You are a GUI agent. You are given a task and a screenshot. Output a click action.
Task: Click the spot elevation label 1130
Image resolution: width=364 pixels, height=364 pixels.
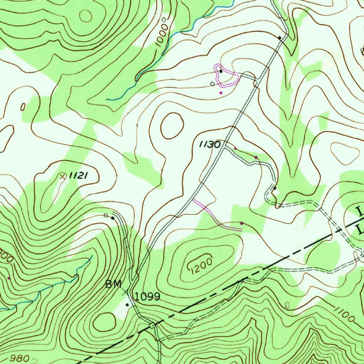(x=210, y=144)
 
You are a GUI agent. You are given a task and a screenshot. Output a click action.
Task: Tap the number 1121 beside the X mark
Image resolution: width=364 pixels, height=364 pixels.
(x=78, y=175)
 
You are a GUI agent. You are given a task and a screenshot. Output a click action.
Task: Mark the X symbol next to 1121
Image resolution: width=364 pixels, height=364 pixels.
(x=63, y=176)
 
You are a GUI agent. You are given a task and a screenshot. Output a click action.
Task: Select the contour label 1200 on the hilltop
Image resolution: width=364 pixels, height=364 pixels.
(x=199, y=264)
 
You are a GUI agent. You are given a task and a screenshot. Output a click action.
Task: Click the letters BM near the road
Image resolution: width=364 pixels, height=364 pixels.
(x=113, y=284)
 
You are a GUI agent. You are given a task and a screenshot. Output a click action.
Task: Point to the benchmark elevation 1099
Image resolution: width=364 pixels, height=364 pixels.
(x=148, y=296)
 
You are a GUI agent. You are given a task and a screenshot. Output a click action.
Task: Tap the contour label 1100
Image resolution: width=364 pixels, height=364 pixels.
(x=344, y=315)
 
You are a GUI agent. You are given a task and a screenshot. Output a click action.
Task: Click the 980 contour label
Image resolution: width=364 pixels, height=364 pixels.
(x=17, y=357)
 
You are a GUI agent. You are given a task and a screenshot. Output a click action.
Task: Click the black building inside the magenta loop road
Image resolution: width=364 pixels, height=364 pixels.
(x=221, y=71)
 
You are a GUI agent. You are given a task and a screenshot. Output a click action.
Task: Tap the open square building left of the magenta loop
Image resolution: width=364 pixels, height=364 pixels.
(x=212, y=84)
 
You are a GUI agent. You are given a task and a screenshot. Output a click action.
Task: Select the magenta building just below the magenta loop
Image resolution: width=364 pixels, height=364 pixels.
(x=221, y=92)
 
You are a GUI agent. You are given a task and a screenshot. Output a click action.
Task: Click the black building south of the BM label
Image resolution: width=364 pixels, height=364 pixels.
(x=127, y=305)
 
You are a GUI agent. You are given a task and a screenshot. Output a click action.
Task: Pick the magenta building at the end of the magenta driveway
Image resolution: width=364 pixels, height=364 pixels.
(x=242, y=223)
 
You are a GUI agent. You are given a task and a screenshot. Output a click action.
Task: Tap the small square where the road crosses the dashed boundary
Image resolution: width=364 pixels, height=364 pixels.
(x=153, y=325)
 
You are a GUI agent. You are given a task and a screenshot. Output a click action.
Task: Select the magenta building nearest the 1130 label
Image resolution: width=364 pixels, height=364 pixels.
(x=235, y=148)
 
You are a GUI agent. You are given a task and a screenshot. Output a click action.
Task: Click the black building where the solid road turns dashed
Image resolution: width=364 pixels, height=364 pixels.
(x=275, y=188)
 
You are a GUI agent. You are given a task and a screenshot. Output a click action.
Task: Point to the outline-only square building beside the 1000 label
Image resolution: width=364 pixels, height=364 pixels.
(x=164, y=20)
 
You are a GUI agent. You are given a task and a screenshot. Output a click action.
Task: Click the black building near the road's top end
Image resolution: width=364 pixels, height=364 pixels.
(x=280, y=37)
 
